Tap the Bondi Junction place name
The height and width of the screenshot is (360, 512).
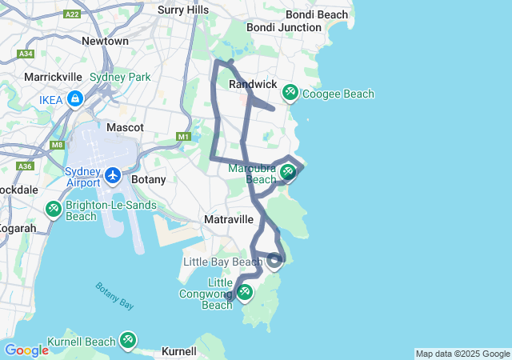[283, 27]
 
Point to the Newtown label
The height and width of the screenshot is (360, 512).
[105, 41]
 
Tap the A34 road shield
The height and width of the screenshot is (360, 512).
[26, 54]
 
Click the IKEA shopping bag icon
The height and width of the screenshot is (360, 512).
[74, 99]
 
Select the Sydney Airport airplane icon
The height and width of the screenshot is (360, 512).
[113, 174]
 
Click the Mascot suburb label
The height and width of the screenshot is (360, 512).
[125, 127]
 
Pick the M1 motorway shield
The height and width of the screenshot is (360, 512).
[184, 137]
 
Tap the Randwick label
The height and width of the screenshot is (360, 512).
[253, 84]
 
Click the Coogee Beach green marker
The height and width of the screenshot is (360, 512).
[290, 94]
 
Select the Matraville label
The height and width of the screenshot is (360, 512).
[229, 219]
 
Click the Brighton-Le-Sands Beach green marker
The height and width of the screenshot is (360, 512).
[53, 210]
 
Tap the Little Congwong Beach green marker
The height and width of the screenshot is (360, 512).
[245, 293]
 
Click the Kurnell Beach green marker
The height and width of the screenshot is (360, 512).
[127, 341]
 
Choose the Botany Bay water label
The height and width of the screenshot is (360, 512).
[114, 295]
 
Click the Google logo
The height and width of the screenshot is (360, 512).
[26, 350]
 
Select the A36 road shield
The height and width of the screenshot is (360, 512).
[25, 166]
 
